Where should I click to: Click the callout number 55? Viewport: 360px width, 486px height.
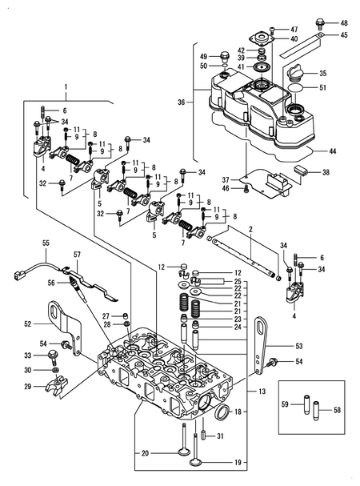pyautogui.click(x=46, y=243)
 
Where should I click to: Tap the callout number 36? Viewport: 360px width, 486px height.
pyautogui.click(x=181, y=102)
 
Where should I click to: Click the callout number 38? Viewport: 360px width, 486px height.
pyautogui.click(x=325, y=172)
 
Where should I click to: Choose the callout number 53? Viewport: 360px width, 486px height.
pyautogui.click(x=299, y=347)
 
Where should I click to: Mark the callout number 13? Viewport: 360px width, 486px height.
pyautogui.click(x=261, y=392)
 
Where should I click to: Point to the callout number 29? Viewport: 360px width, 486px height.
pyautogui.click(x=26, y=387)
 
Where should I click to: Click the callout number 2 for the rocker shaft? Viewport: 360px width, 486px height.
pyautogui.click(x=250, y=230)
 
